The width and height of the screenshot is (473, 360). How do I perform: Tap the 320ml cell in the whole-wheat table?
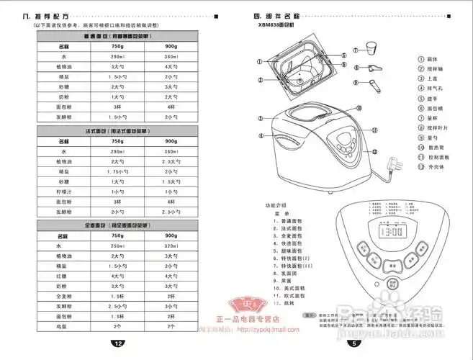171,246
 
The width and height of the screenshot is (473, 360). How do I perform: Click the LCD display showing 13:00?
392,233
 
